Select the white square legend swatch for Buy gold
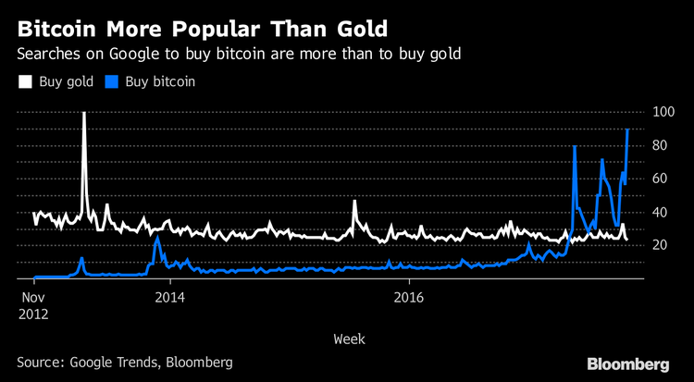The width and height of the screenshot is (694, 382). [25, 81]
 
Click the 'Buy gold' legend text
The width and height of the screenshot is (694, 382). [65, 81]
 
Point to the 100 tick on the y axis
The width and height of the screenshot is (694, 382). [663, 112]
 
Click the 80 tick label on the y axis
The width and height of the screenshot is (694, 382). [660, 145]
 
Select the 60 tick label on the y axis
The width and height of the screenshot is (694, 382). [660, 179]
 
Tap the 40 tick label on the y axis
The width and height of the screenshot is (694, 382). [660, 212]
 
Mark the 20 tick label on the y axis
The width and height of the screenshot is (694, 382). [660, 245]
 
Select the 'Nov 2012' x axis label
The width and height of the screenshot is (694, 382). [34, 305]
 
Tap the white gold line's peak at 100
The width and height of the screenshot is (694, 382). [84, 113]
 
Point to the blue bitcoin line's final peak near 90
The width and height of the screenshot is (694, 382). [628, 129]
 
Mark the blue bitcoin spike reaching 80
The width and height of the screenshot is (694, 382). [575, 146]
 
